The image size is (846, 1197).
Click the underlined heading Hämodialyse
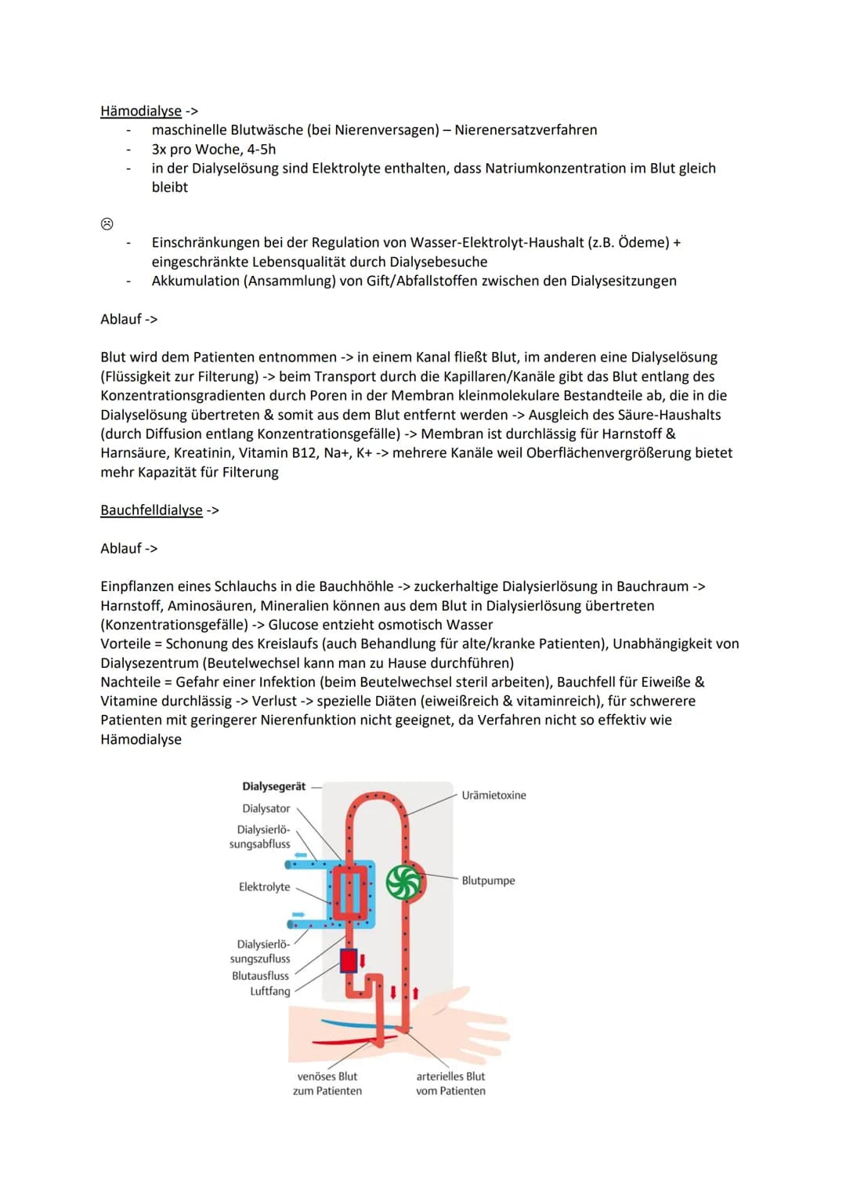coord(141,111)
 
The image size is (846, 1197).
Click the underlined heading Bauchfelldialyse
coord(151,510)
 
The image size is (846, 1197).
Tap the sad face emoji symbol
coord(107,224)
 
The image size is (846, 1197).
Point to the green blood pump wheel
coord(405,883)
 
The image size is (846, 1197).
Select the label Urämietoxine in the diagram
coord(493,795)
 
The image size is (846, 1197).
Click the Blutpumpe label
coord(488,880)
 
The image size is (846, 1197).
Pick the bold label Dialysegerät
coord(273,786)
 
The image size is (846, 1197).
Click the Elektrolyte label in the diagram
coord(264,887)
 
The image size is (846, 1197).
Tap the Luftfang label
coord(269,991)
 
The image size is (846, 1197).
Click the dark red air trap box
coord(349,960)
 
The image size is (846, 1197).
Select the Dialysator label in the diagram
coord(266,808)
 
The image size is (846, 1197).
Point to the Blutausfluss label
coord(260,976)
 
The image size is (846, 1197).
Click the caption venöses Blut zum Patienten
coord(327,1083)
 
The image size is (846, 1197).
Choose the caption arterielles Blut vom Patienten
coord(450,1083)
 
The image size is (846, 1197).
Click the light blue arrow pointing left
coord(300,855)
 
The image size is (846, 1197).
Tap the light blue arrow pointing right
coord(298,914)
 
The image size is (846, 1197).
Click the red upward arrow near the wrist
coord(415,993)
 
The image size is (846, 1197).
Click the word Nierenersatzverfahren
coord(526,130)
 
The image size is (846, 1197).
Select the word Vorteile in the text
coord(125,644)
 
